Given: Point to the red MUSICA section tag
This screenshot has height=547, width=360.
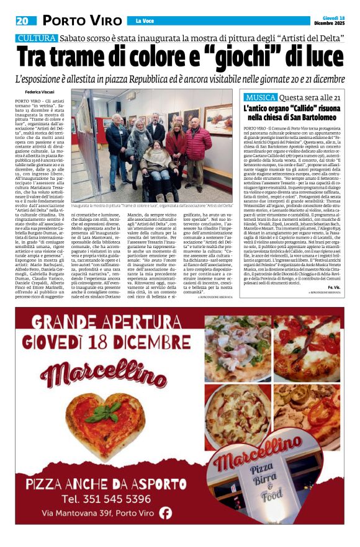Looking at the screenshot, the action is (260, 98).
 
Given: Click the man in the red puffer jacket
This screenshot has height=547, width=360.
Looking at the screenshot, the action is (196, 149).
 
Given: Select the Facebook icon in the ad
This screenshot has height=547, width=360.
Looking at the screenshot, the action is (166, 512).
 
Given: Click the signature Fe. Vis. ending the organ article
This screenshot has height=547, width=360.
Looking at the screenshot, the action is (334, 288).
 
